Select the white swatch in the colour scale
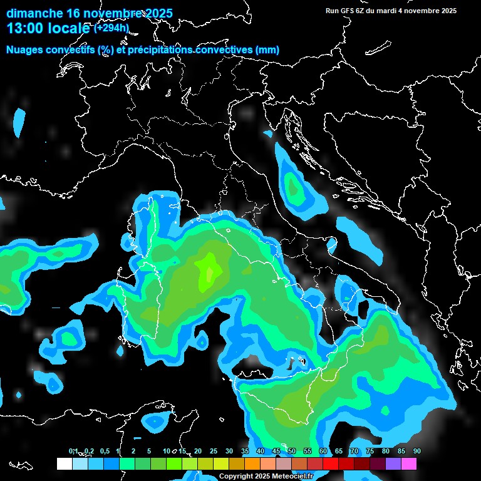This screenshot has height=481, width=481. pos(64,463)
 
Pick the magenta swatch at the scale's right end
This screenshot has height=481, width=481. pos(409,463)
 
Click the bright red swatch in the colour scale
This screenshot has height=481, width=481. pos(331,463)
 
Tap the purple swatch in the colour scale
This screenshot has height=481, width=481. pos(393,463)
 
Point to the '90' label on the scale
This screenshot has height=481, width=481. pos(416,452)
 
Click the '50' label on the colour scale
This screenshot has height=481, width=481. pos(292,452)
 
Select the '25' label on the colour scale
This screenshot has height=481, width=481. pos(214,452)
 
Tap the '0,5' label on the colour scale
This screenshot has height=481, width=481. pos(105,452)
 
